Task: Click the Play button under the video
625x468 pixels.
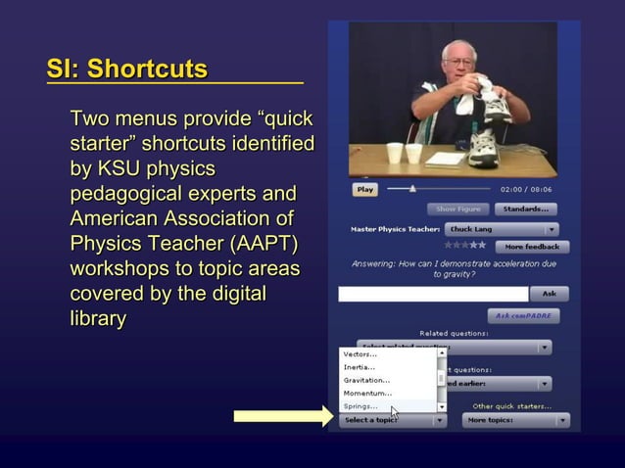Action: [x=364, y=190]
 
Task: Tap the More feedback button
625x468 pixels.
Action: [x=532, y=247]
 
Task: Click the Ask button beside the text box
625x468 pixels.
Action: [x=549, y=294]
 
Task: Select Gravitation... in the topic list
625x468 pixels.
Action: [x=366, y=380]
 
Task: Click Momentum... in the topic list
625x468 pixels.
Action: [x=367, y=393]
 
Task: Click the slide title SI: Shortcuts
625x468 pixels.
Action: [x=127, y=70]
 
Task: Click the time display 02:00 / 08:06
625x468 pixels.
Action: [x=526, y=190]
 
